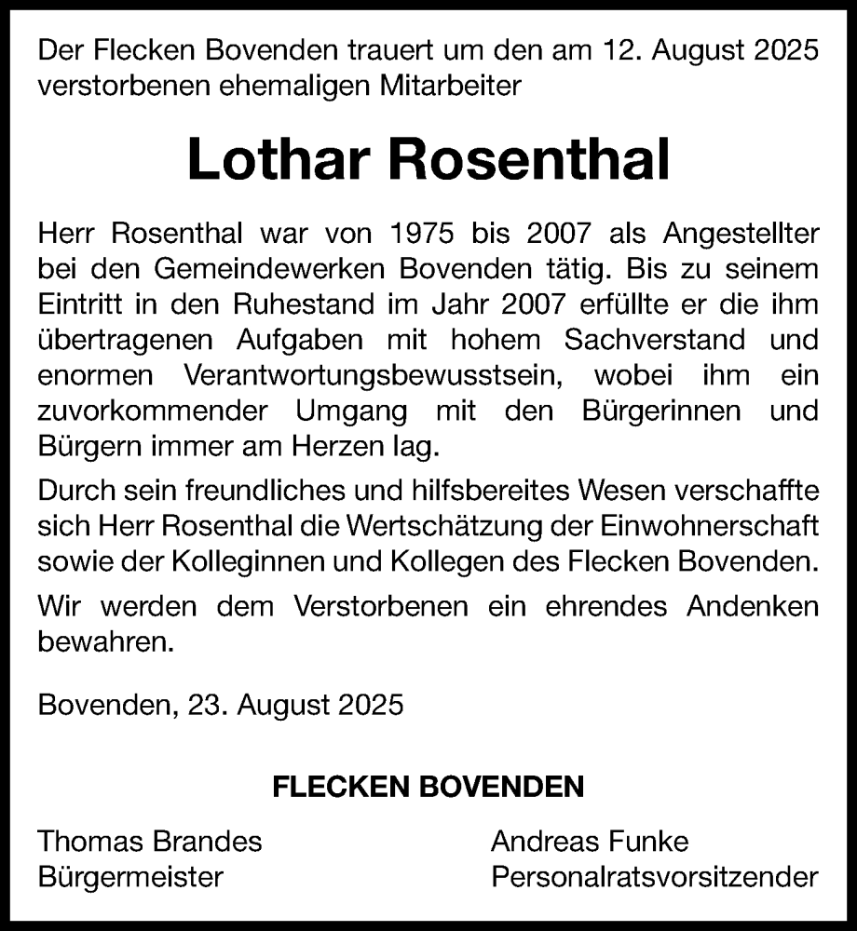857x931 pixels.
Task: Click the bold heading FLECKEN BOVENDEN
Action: (428, 788)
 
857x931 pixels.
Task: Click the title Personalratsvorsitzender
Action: (655, 877)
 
